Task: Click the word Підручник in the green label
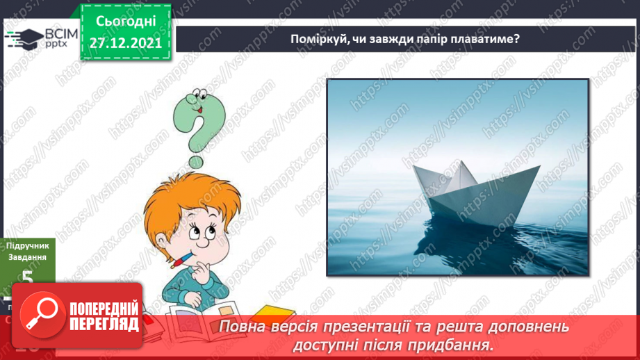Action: (28, 245)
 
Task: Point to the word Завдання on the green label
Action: (28, 257)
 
